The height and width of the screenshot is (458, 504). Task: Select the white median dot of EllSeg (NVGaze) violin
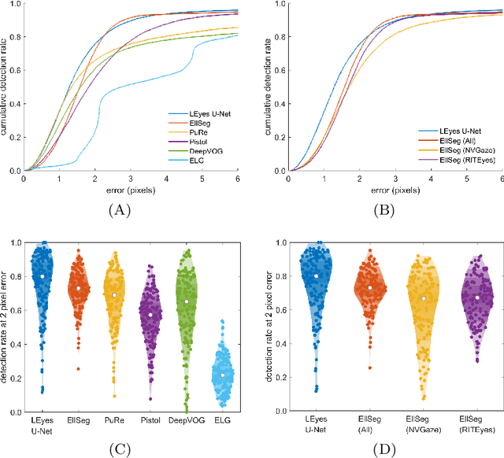tap(422, 299)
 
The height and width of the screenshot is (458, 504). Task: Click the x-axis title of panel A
tap(130, 190)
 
